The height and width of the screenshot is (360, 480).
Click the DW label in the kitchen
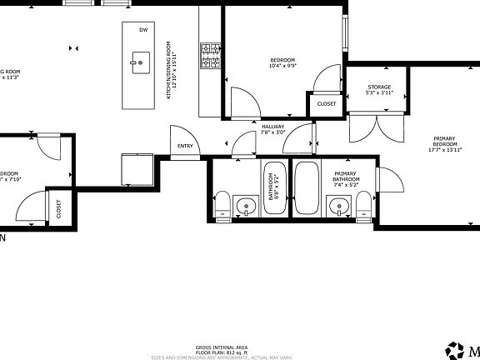pyautogui.click(x=143, y=30)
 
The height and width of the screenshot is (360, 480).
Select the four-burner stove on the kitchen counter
pyautogui.click(x=210, y=56)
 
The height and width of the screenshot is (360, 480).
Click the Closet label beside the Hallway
pyautogui.click(x=326, y=104)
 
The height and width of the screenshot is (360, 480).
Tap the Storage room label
pyautogui.click(x=379, y=87)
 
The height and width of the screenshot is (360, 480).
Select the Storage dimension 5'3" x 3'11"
pyautogui.click(x=379, y=93)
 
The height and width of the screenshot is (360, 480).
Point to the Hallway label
pyautogui.click(x=273, y=127)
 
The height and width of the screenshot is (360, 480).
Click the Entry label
pyautogui.click(x=185, y=147)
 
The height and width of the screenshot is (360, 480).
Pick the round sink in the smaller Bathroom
pyautogui.click(x=246, y=206)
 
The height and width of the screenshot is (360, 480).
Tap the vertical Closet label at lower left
pyautogui.click(x=58, y=208)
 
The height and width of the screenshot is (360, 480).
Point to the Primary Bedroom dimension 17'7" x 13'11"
pyautogui.click(x=443, y=151)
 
